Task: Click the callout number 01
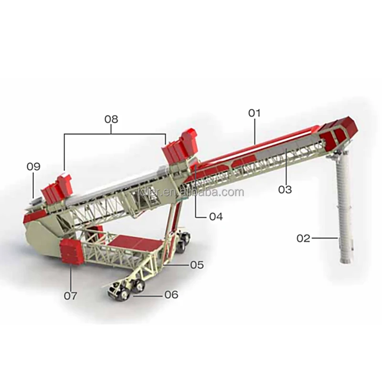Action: pyautogui.click(x=255, y=114)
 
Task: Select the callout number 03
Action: pyautogui.click(x=285, y=190)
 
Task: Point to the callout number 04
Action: pyautogui.click(x=216, y=216)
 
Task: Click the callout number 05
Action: pyautogui.click(x=197, y=264)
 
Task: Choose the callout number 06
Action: pyautogui.click(x=171, y=295)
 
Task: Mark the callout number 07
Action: pyautogui.click(x=70, y=296)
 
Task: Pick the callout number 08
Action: pyautogui.click(x=111, y=119)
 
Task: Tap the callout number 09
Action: pyautogui.click(x=33, y=167)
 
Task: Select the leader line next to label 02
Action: pyautogui.click(x=325, y=237)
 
